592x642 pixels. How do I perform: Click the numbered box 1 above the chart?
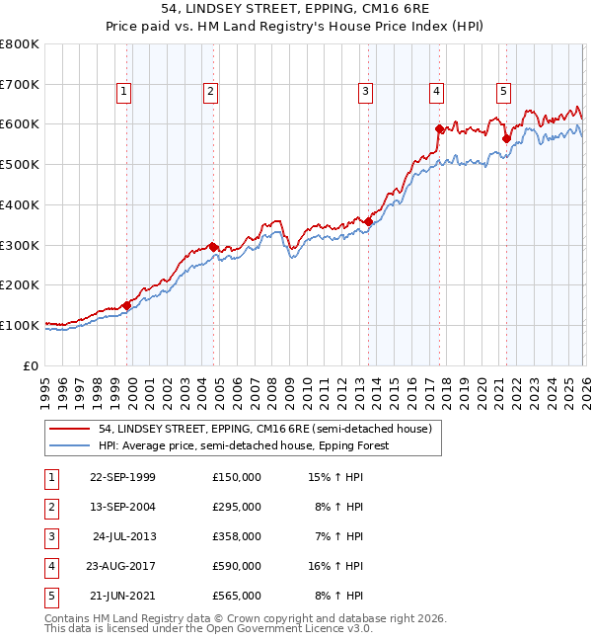click(x=124, y=92)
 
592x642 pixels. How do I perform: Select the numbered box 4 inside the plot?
click(x=435, y=92)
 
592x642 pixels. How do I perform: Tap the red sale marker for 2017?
click(x=440, y=128)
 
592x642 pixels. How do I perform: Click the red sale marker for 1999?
click(x=127, y=305)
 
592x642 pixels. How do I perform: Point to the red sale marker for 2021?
click(x=506, y=138)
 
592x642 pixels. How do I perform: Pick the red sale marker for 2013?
click(x=369, y=221)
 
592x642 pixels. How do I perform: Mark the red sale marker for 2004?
click(x=214, y=247)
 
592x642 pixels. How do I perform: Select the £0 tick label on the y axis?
click(x=32, y=365)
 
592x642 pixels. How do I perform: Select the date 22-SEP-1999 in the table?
click(x=122, y=477)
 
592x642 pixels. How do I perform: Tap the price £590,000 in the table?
click(x=237, y=566)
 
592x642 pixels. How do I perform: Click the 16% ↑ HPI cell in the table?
click(x=335, y=566)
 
